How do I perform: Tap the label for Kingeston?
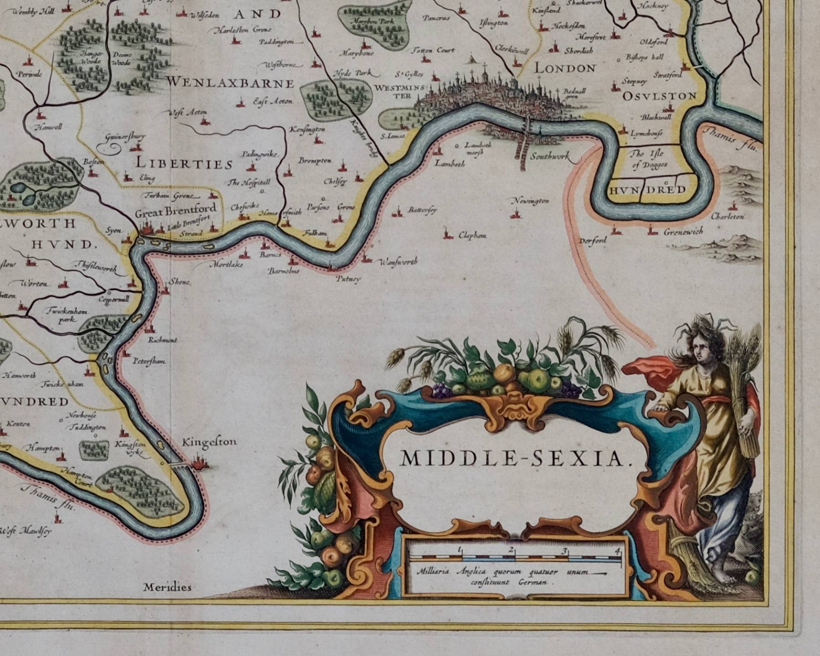[x=209, y=442]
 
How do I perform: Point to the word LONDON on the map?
[x=565, y=68]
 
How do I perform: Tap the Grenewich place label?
[x=683, y=231]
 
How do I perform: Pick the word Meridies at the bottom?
[x=167, y=587]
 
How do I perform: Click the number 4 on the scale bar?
[x=617, y=551]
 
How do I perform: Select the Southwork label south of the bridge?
[x=550, y=156]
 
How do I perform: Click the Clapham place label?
[x=472, y=236]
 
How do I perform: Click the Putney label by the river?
[x=348, y=279]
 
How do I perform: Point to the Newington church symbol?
[x=517, y=213]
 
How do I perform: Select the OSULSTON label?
[x=659, y=96]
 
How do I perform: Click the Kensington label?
[x=307, y=130]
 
